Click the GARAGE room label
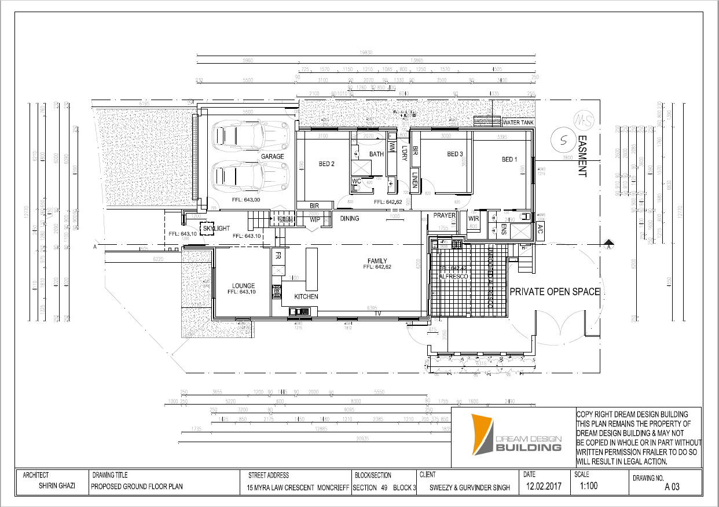tap(272, 156)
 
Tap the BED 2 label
tap(327, 164)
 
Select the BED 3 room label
tap(455, 154)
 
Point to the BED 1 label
tap(509, 159)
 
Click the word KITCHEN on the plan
tap(306, 296)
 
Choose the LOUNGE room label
tap(244, 285)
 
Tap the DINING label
tap(350, 218)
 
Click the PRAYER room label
tap(445, 216)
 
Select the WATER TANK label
tap(518, 123)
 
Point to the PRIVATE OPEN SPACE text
tap(554, 292)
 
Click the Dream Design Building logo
tap(515, 433)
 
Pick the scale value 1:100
tap(588, 486)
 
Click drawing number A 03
tap(672, 487)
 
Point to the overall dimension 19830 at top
tap(366, 53)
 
